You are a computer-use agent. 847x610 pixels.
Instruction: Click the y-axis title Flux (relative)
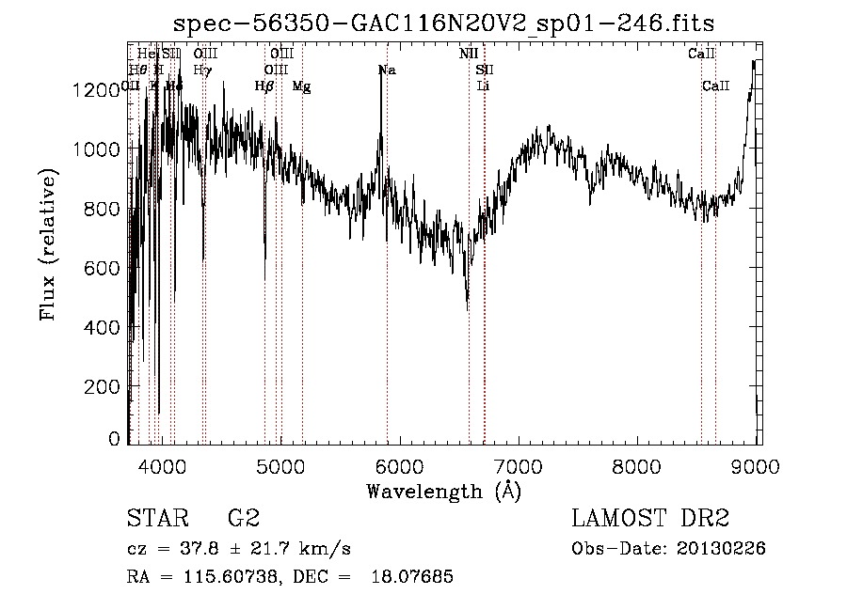pyautogui.click(x=48, y=245)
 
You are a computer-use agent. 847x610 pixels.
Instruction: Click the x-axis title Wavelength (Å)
pyautogui.click(x=443, y=491)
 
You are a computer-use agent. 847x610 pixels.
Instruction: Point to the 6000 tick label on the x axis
pyautogui.click(x=401, y=465)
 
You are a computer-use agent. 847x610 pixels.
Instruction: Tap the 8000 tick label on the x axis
pyautogui.click(x=639, y=465)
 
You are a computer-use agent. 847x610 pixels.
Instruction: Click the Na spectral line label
pyautogui.click(x=387, y=70)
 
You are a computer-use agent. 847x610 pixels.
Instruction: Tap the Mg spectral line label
pyautogui.click(x=301, y=86)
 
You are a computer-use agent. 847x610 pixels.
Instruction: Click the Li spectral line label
pyautogui.click(x=484, y=86)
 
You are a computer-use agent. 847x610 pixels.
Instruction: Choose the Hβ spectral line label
pyautogui.click(x=264, y=86)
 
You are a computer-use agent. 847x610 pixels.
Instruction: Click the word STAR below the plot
pyautogui.click(x=155, y=519)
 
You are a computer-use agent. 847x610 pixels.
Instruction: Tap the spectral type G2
pyautogui.click(x=244, y=519)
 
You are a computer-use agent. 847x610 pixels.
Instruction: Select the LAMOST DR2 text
pyautogui.click(x=650, y=519)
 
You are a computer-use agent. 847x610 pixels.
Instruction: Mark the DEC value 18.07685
pyautogui.click(x=415, y=577)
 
